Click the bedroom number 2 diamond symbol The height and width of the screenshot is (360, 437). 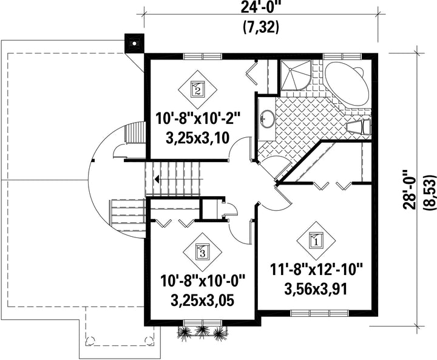point(198,89)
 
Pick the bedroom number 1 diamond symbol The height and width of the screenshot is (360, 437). point(316,240)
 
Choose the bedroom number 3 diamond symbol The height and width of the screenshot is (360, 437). point(202,253)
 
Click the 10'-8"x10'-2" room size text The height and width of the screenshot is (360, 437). point(198,118)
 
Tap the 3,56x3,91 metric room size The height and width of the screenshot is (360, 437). point(316,289)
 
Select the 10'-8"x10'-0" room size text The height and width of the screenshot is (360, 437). point(202,281)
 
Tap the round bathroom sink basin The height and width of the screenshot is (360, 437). point(267,119)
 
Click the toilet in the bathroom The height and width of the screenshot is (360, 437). point(359,127)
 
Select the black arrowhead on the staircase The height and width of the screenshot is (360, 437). point(157,178)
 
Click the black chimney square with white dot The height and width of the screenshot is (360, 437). point(134,43)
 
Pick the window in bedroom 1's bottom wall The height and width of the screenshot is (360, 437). point(320,313)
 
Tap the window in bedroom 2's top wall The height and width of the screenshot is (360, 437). point(203,56)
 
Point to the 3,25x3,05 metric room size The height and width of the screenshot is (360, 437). point(202,301)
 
